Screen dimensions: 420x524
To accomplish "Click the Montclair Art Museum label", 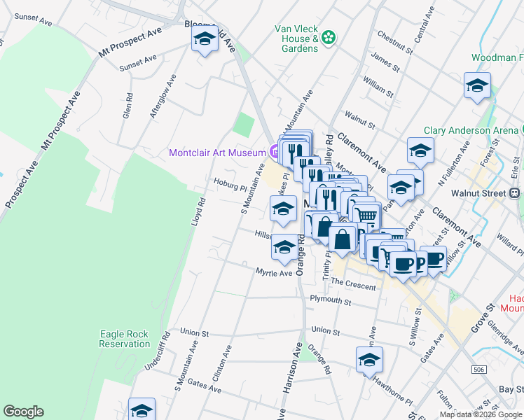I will point(216,153).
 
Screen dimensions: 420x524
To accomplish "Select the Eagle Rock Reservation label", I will point(124,339).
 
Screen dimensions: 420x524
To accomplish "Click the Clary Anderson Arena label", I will point(470,131).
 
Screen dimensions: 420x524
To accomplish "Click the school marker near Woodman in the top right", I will point(477,86).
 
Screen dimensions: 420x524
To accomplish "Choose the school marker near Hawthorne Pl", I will point(369,360).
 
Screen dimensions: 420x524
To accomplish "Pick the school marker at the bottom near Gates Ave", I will point(142,410).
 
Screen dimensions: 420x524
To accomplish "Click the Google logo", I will point(23,412).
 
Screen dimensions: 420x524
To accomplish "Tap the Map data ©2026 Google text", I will point(481,414).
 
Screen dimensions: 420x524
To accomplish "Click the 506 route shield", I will point(479,368).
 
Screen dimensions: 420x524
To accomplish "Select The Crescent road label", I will point(353,286).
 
